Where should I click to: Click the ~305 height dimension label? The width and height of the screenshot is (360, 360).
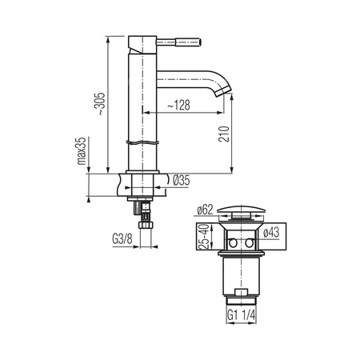(101, 104)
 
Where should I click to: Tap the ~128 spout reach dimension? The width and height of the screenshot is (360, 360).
(178, 106)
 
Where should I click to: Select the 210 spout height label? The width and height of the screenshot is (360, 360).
(224, 134)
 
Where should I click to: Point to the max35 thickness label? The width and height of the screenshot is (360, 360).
(82, 151)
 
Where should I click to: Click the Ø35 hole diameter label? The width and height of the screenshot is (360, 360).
(182, 181)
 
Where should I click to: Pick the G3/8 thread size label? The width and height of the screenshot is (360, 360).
(122, 239)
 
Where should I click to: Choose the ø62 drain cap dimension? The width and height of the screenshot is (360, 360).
(205, 210)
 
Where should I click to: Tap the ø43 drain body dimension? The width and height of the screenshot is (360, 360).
(271, 232)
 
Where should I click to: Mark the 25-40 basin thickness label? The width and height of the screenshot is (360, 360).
(204, 237)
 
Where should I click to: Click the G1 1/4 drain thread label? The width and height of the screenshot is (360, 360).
(242, 316)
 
